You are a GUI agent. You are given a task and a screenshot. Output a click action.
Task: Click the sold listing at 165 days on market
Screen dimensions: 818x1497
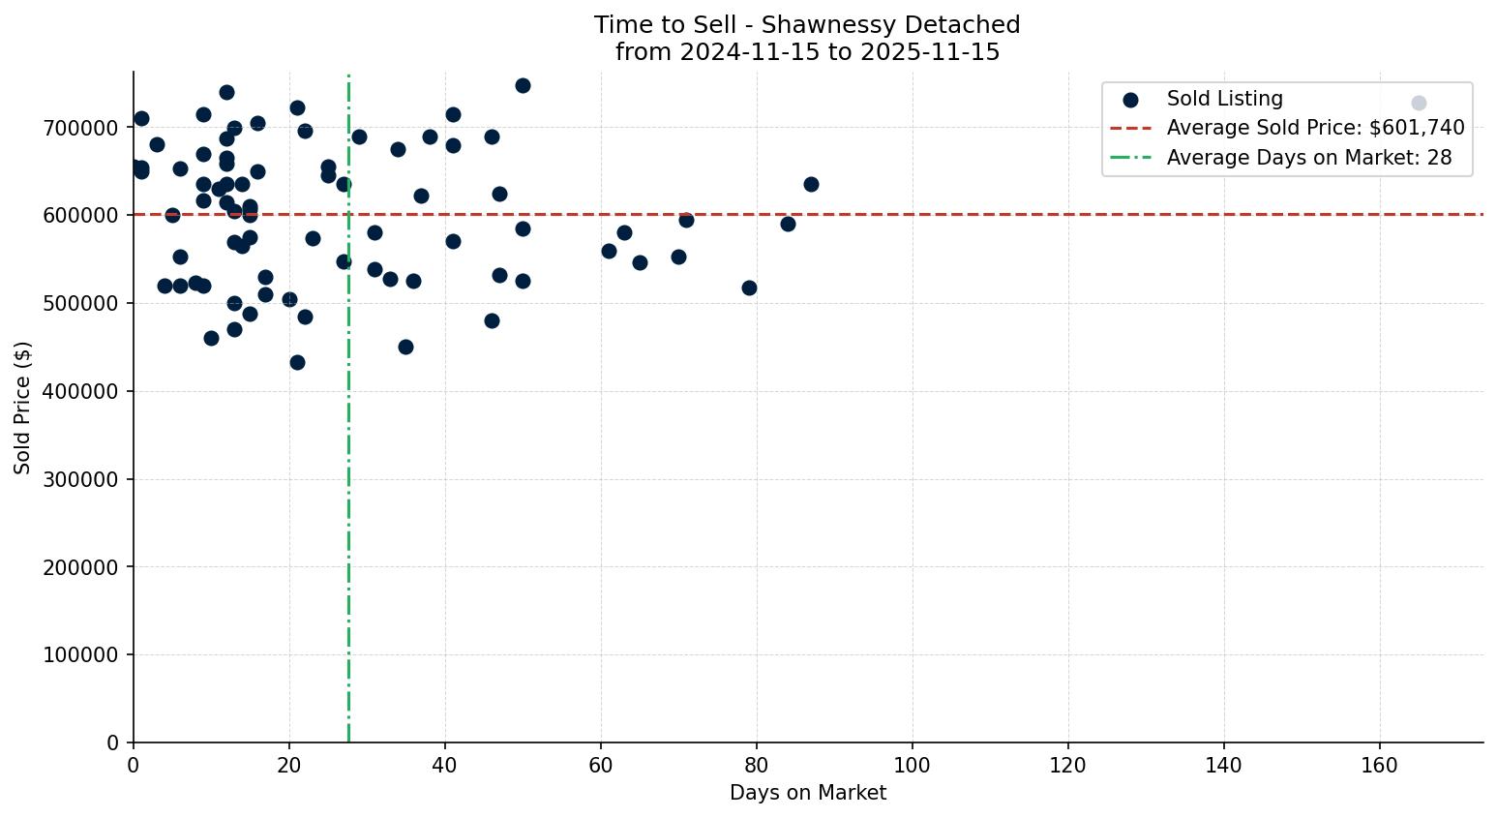(1419, 103)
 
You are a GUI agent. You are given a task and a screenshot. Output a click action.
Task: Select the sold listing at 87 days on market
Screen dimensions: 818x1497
(811, 184)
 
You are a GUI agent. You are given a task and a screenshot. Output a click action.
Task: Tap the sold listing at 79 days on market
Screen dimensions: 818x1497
(749, 288)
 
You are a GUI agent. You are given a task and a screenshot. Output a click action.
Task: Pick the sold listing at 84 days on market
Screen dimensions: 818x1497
(788, 224)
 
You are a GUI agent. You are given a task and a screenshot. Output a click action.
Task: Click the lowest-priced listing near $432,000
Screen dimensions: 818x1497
(297, 362)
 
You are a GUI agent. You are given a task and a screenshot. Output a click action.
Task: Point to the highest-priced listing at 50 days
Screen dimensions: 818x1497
(523, 85)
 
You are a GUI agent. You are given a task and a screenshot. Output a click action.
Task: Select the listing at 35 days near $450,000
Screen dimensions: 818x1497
(405, 347)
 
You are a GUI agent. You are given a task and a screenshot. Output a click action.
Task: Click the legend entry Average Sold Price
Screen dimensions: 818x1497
(1315, 128)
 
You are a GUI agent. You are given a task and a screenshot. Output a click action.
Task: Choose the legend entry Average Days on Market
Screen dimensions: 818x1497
(1308, 158)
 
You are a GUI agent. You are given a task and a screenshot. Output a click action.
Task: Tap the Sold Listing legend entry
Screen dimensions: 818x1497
(1224, 99)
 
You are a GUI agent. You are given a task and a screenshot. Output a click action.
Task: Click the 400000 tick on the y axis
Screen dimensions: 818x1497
(81, 391)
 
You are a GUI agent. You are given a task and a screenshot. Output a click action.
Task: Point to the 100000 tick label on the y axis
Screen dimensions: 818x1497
(81, 655)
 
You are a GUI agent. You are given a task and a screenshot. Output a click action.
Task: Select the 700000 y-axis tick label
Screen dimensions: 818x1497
(81, 128)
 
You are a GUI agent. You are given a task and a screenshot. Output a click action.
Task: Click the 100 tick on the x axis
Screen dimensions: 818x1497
(913, 766)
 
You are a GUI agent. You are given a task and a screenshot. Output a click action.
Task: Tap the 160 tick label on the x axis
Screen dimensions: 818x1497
(1380, 766)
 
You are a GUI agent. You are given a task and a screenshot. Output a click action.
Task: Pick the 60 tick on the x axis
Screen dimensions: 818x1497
(601, 766)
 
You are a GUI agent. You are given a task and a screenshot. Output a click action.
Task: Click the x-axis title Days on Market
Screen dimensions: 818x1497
(808, 793)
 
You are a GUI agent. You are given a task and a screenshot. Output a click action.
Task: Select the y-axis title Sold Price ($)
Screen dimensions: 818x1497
(23, 408)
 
